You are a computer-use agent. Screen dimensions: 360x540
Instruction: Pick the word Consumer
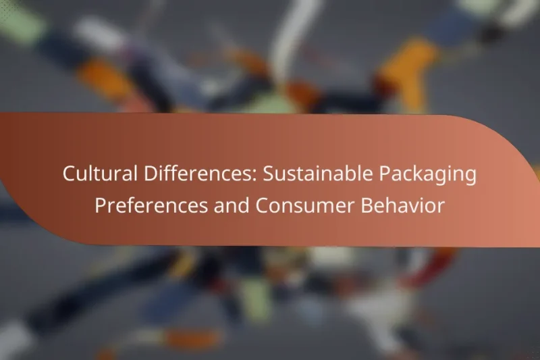click(292, 206)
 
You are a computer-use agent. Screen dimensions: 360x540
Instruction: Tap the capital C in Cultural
click(69, 174)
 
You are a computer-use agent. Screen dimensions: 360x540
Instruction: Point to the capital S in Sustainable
click(267, 174)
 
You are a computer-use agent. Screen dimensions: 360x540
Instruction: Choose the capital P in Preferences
click(100, 206)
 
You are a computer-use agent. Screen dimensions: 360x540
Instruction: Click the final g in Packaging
click(470, 177)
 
